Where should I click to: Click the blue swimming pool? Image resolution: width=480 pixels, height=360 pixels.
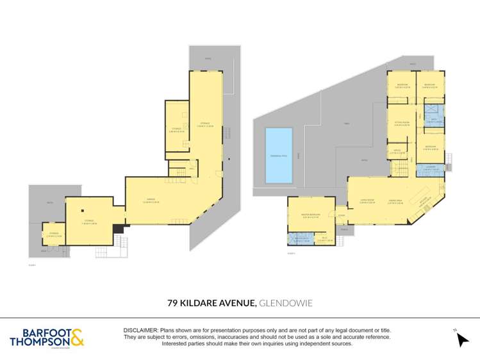(x=279, y=154)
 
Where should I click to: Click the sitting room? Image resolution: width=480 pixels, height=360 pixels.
(x=401, y=125)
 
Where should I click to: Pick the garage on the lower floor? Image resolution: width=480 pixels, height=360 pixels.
(x=154, y=201)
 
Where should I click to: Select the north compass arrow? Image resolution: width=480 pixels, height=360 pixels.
(x=463, y=340)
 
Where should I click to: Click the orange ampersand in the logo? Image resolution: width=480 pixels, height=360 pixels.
(x=77, y=338)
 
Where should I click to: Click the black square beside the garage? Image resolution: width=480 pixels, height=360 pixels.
(x=117, y=229)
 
